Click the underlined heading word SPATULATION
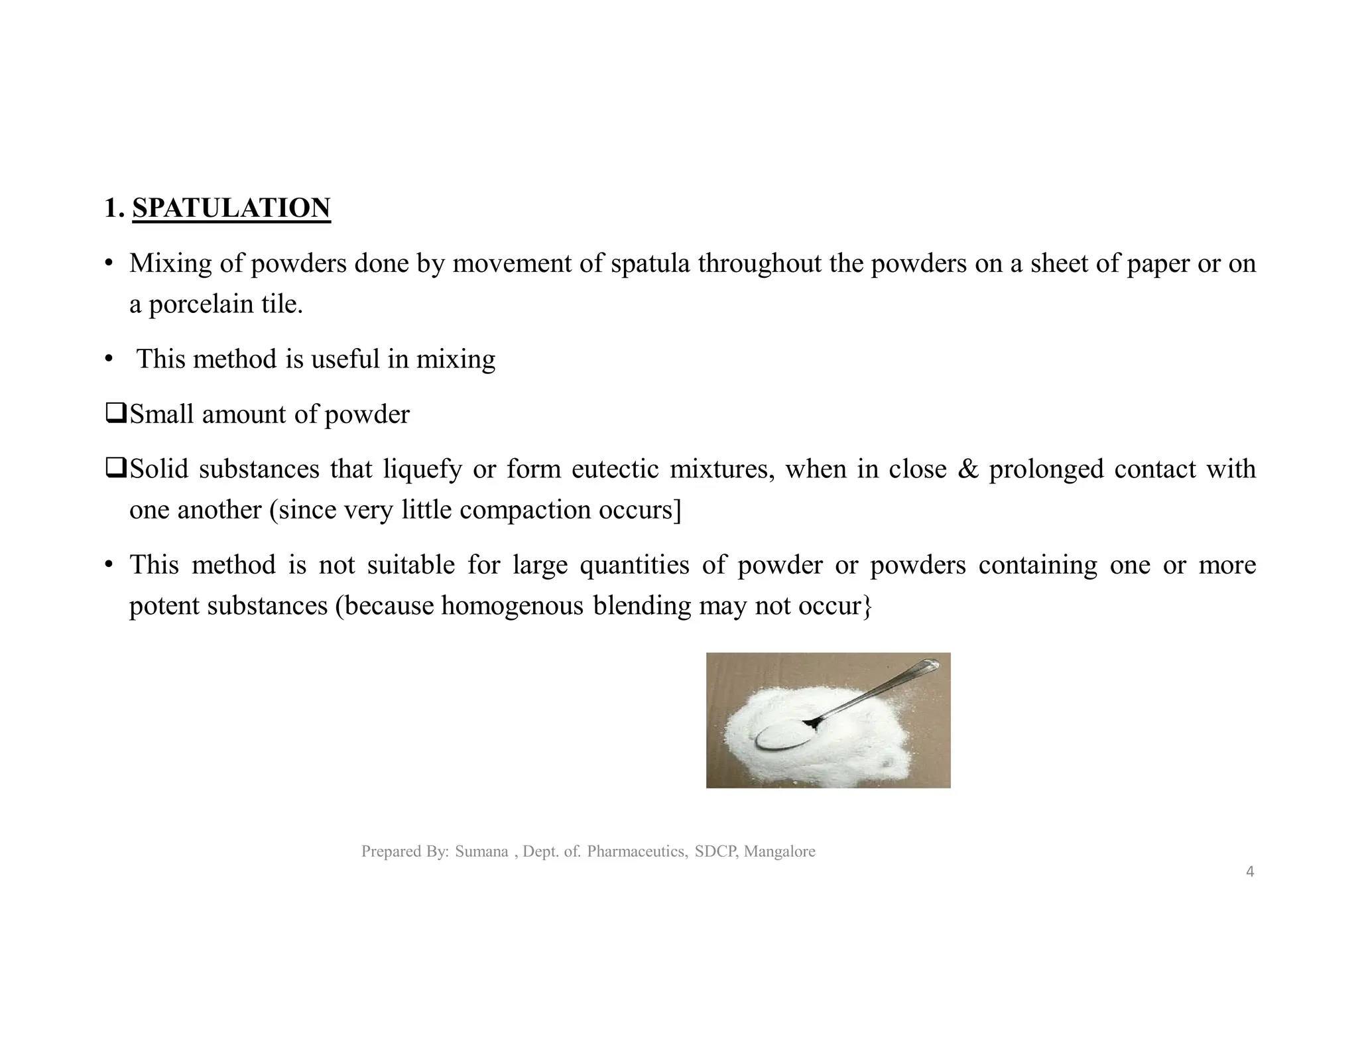[231, 208]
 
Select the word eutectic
[615, 469]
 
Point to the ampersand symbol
[968, 469]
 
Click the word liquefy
[422, 469]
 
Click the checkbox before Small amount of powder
[115, 414]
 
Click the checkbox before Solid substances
[115, 469]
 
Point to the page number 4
[1250, 872]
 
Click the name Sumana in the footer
[481, 851]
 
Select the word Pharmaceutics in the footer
[637, 851]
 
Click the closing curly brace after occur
[867, 606]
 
